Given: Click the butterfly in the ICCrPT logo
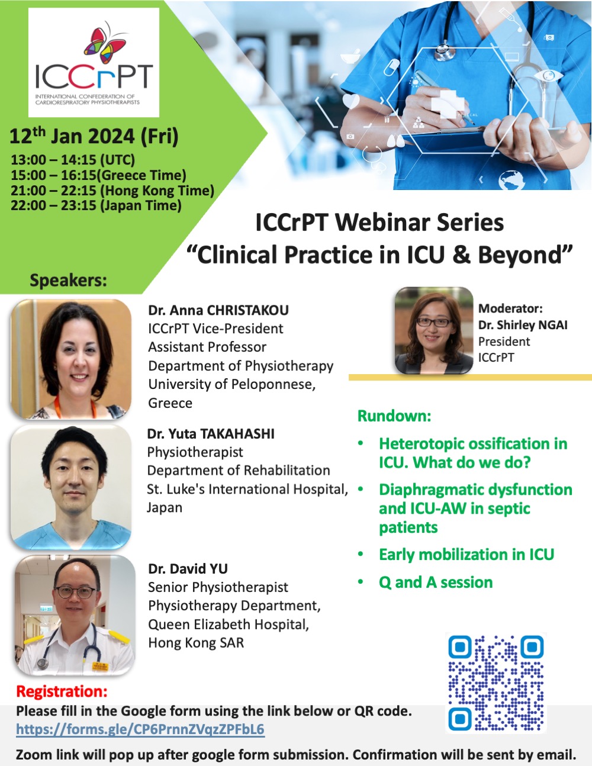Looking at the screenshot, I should point(105,44).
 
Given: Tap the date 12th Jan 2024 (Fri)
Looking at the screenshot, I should point(94,137).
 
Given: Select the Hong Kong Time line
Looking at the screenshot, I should point(112,191).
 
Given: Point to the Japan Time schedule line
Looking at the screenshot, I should point(96,206).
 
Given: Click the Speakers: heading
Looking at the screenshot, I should point(69,280).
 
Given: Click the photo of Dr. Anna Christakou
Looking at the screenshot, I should point(71,359).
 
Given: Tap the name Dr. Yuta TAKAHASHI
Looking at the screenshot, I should point(211,434).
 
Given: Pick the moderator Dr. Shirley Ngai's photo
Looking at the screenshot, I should point(434,330).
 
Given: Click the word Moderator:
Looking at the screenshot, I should point(510,308).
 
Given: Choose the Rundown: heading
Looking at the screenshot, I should point(394,416).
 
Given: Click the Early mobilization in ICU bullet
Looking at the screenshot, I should point(466,555).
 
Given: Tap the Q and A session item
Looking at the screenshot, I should point(436,582).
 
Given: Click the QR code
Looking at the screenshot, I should point(496,683).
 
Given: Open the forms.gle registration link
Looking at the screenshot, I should point(140,729).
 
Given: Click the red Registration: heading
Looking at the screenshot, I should point(62,691).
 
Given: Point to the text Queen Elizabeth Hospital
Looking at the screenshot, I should point(229,625).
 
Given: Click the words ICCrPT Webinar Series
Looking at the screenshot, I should point(379,223).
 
